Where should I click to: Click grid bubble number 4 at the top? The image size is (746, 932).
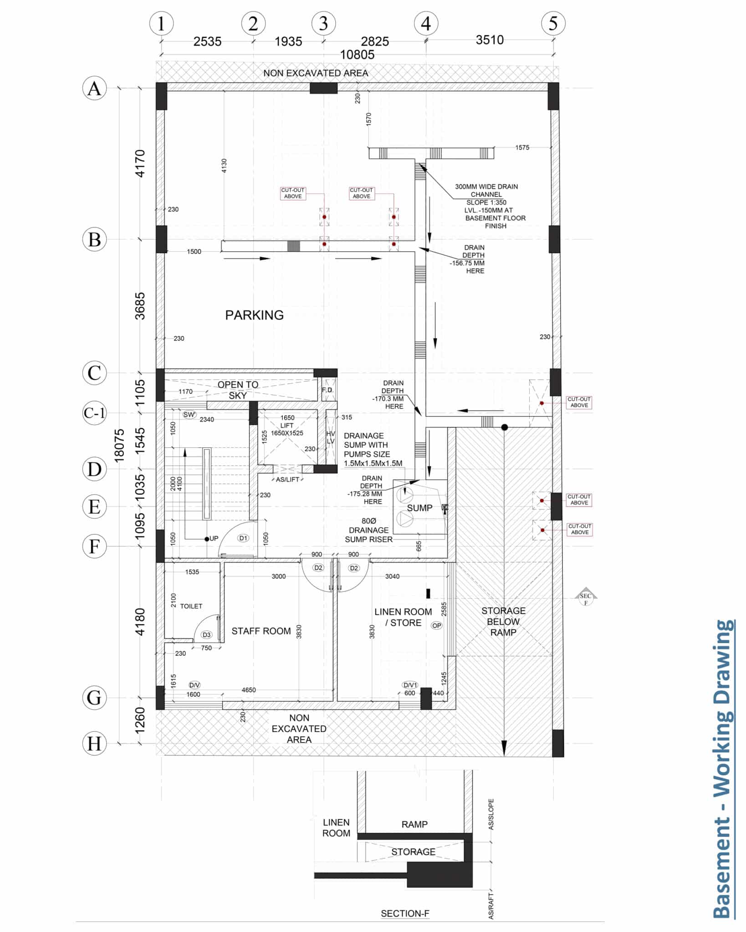coord(426,24)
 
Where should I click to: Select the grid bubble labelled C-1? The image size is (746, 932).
coord(94,413)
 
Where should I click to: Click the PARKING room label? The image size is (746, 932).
coord(254,315)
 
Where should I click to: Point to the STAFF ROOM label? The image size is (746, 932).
coord(261,631)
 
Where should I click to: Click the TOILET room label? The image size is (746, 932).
coord(191,606)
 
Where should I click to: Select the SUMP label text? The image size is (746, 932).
coord(419,508)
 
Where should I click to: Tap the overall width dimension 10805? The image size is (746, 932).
coord(358,55)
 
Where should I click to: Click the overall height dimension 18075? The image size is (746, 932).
coord(119,446)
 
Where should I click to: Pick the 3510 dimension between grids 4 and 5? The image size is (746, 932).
coord(490,40)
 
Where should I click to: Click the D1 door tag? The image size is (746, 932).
coord(244,538)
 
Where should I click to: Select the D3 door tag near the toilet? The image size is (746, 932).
coord(207,635)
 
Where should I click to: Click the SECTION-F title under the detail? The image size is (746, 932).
coord(405,913)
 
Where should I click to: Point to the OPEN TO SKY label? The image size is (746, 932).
coord(238,390)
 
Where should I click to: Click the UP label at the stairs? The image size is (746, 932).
coord(214,538)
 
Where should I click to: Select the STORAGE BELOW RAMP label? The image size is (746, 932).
coord(503,622)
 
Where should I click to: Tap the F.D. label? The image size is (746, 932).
coord(327,390)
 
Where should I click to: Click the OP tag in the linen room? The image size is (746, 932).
coord(436,626)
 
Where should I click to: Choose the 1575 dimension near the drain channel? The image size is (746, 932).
coord(522,147)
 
